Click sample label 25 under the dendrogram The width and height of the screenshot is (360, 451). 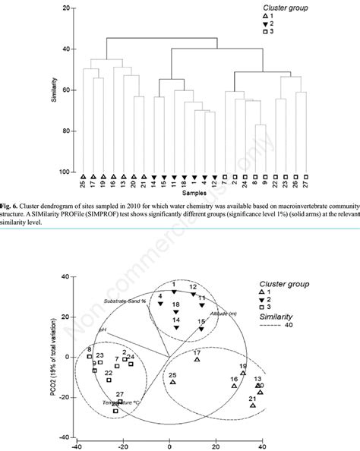click(84, 184)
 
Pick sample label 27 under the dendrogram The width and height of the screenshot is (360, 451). click(306, 184)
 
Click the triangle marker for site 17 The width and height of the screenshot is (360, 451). click(197, 358)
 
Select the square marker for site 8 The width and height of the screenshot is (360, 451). click(89, 356)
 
